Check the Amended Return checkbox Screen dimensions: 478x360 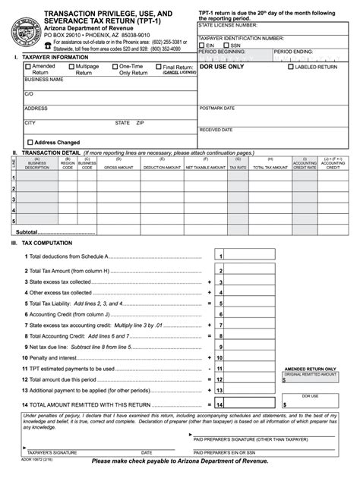click(28, 67)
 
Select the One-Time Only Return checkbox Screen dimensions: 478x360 click(115, 67)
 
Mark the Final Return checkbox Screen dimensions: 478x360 click(159, 67)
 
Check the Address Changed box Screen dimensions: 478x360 click(30, 142)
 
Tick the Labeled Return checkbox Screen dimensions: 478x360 click(291, 67)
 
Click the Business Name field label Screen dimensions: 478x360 click(44, 79)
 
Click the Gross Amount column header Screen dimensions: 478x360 click(118, 167)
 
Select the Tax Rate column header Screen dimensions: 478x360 click(238, 167)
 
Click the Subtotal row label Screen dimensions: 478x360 click(27, 232)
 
